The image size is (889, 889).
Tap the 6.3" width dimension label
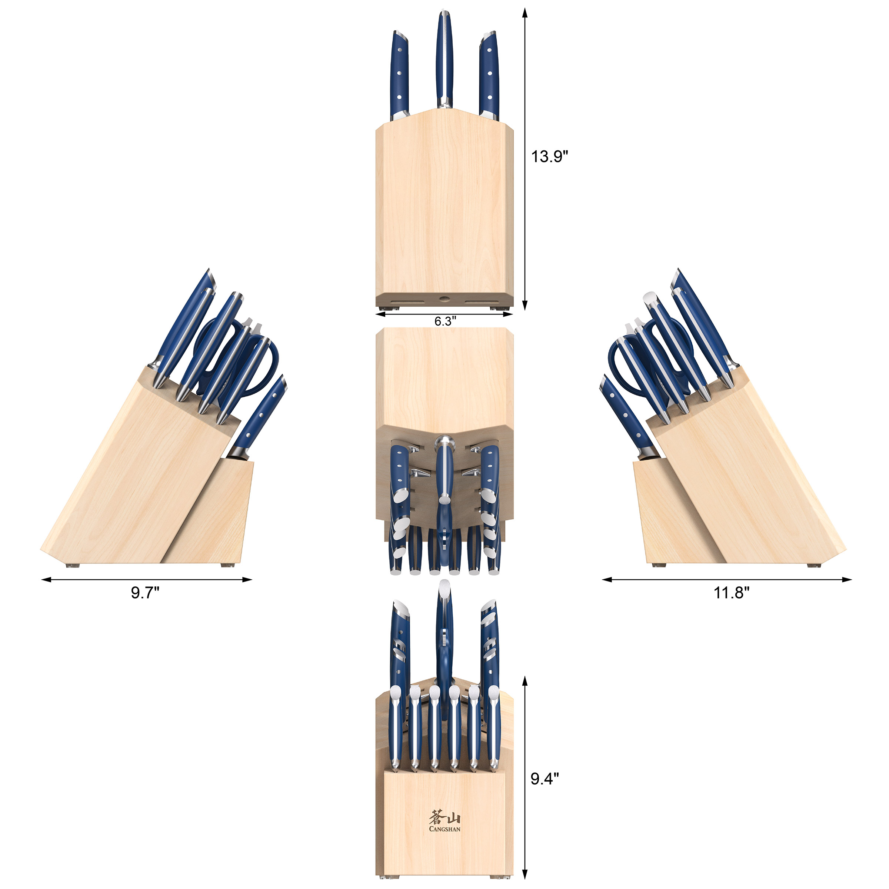click(x=445, y=321)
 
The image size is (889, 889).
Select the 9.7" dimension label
click(x=145, y=593)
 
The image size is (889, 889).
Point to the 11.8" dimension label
click(x=731, y=593)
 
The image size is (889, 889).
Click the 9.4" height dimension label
click(x=545, y=779)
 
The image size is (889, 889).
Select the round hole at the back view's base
click(x=444, y=299)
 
